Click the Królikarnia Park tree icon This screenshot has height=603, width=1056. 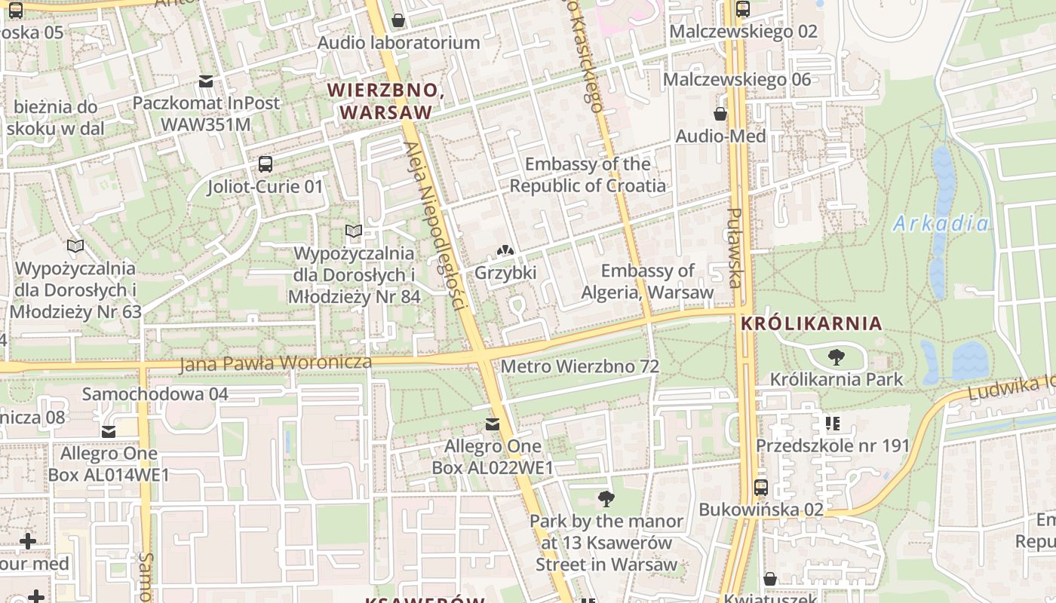click(836, 357)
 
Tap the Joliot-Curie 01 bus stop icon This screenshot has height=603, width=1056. click(265, 164)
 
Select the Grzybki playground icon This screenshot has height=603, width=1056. click(505, 250)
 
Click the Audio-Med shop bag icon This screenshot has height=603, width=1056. click(720, 115)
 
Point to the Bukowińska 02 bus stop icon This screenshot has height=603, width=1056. click(760, 488)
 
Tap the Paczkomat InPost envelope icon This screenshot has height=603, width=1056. click(205, 81)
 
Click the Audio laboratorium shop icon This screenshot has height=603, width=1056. click(398, 20)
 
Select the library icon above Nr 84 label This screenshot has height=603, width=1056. click(354, 231)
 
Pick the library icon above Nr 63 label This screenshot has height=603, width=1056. click(75, 246)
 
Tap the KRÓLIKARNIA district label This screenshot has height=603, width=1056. click(811, 323)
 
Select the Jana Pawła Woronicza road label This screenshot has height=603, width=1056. click(275, 363)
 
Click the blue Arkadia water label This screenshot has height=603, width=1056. click(940, 223)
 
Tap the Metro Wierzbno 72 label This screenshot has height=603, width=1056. click(579, 366)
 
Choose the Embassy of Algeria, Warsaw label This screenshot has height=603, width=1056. click(646, 281)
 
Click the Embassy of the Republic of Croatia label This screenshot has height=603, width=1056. click(588, 174)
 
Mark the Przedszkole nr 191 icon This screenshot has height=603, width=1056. click(833, 424)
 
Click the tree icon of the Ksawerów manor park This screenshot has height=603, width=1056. click(605, 498)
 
